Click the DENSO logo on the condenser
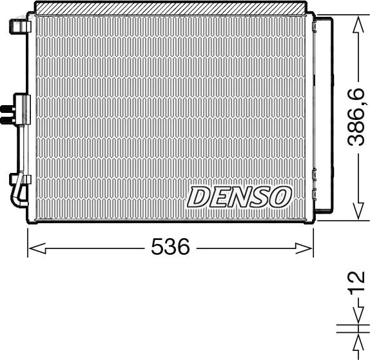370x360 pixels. [239, 197]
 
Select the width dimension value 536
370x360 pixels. [170, 247]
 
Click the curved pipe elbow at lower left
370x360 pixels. [18, 194]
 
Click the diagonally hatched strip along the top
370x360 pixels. [170, 8]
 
